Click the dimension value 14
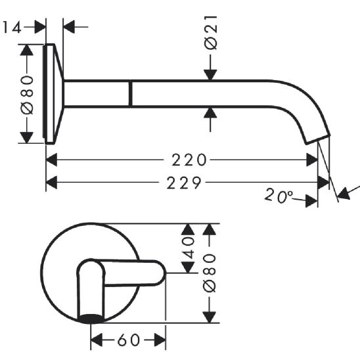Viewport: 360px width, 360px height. pos(11,28)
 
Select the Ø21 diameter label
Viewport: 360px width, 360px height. pos(211,33)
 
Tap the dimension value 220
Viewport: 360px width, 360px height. pos(189,160)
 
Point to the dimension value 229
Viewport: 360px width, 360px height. pos(184,183)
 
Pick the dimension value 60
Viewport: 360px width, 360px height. pos(129,340)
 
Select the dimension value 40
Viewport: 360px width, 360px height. pos(188,248)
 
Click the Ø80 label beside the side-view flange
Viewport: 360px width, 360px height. pos(27,95)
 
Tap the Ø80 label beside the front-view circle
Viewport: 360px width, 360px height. pos(210,273)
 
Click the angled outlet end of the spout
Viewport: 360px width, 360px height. pos(318,139)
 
